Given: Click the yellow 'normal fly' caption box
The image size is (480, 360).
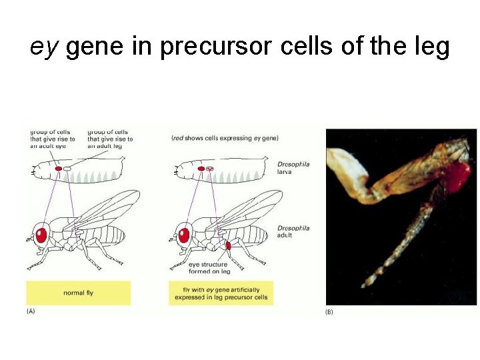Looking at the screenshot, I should point(78,293).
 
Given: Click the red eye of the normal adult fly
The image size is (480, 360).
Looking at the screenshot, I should point(41,235).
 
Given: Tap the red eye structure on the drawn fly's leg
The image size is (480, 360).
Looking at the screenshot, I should point(228,245).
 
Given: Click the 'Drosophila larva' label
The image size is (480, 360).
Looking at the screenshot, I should point(293,167).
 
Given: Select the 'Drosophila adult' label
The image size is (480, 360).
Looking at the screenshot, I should point(293,232).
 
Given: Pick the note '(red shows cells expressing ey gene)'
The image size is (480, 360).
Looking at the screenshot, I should point(224,138).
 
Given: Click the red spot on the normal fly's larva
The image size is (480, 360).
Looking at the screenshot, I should point(58,169).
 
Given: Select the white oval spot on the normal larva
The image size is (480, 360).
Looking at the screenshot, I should point(67,169).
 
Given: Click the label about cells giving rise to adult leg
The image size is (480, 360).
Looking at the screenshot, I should point(110,135).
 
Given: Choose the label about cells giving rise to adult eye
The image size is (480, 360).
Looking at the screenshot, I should point(52,135).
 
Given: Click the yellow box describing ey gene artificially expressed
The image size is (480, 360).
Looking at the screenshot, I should point(221,293).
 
